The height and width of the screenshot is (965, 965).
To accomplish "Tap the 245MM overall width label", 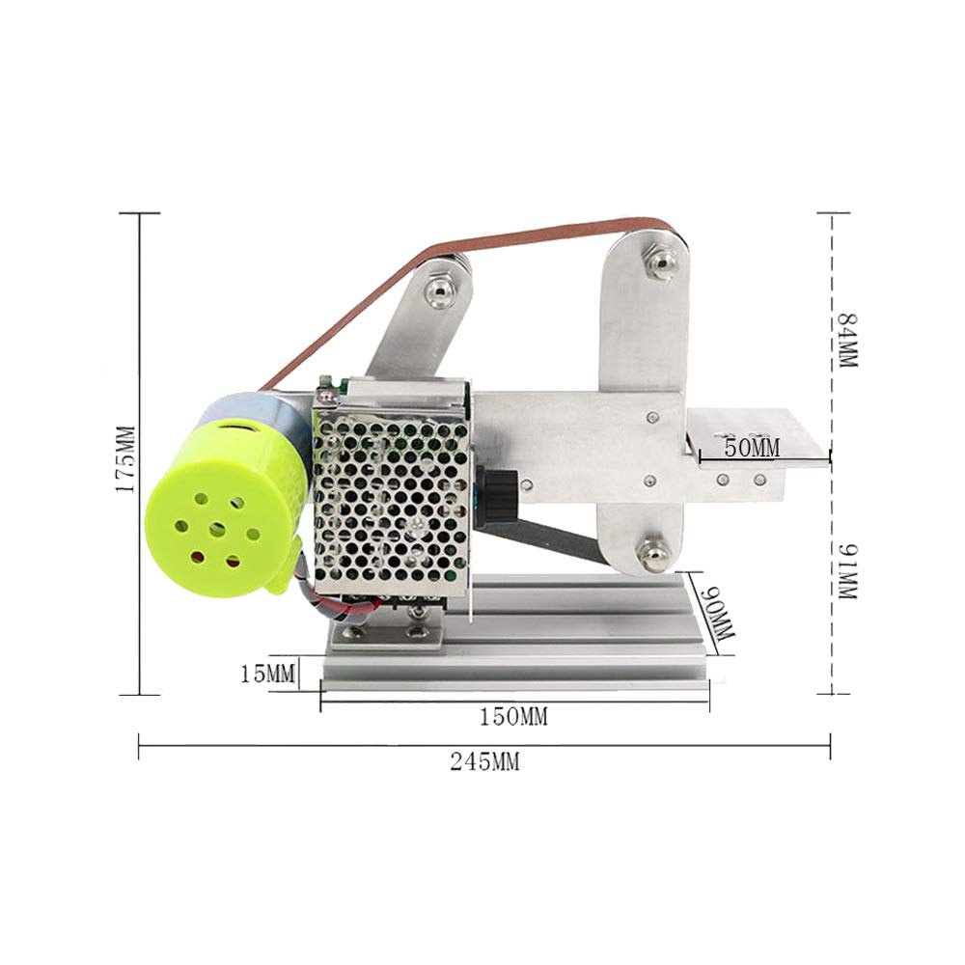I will click(x=484, y=761).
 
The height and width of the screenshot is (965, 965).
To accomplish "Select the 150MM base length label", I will click(x=513, y=717).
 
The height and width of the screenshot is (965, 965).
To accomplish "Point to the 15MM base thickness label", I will click(x=267, y=674).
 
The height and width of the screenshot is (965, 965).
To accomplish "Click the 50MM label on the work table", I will click(x=752, y=448).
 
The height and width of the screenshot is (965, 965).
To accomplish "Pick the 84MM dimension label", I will click(x=847, y=340).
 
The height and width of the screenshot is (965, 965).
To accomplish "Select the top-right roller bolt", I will click(x=661, y=262).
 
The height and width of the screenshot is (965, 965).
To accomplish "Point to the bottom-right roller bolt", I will click(x=653, y=555).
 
